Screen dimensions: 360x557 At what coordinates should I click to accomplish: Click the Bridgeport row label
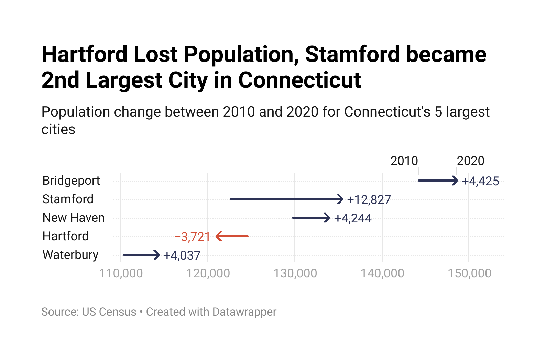pyautogui.click(x=71, y=181)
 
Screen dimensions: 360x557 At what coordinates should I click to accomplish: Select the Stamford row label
pyautogui.click(x=68, y=199)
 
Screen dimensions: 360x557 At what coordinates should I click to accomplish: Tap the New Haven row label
pyautogui.click(x=73, y=218)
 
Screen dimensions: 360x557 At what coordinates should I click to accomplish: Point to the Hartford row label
pyautogui.click(x=65, y=236)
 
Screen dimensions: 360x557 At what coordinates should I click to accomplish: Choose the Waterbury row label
pyautogui.click(x=70, y=255)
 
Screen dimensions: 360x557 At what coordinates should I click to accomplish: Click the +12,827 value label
pyautogui.click(x=369, y=200)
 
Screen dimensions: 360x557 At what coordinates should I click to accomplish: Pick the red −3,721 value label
pyautogui.click(x=192, y=237)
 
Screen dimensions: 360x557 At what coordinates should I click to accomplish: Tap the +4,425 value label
pyautogui.click(x=480, y=181)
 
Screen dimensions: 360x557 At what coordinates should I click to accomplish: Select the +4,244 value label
pyautogui.click(x=353, y=218)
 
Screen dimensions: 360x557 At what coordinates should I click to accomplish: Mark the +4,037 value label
pyautogui.click(x=182, y=255)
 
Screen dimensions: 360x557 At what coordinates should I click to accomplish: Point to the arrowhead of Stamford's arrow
pyautogui.click(x=340, y=199)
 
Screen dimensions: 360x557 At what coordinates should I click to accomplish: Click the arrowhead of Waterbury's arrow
pyautogui.click(x=157, y=255)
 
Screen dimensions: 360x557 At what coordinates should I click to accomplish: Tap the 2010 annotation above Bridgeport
pyautogui.click(x=404, y=161)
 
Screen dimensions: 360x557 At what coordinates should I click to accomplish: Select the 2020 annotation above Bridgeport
pyautogui.click(x=470, y=161)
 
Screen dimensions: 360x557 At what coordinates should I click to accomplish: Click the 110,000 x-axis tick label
pyautogui.click(x=121, y=273)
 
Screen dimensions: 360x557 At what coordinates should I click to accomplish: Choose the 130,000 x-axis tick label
pyautogui.click(x=295, y=273)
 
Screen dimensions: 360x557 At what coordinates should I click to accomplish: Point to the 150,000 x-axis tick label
pyautogui.click(x=469, y=273)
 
